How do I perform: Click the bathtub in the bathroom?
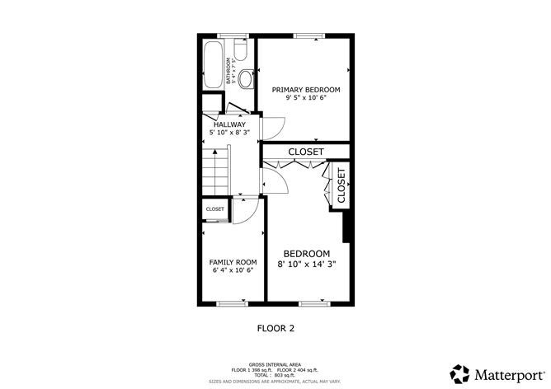tap(213, 64)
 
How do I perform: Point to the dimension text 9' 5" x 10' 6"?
tap(307, 97)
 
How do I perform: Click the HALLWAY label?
tap(230, 124)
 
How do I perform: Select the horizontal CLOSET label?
tap(306, 152)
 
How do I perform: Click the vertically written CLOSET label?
tap(341, 186)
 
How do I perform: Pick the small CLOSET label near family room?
tap(215, 209)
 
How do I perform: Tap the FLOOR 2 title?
tap(275, 327)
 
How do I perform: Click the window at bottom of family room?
tap(232, 303)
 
